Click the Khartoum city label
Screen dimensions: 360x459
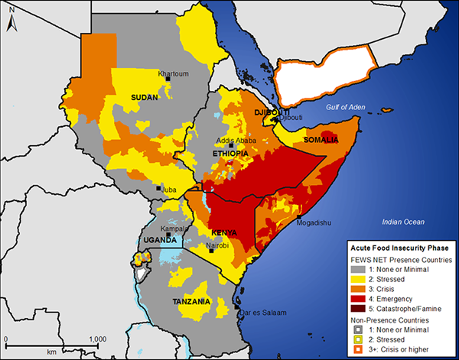coord(174,74)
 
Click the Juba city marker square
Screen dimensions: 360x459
coord(159,188)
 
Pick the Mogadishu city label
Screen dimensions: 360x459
coord(318,224)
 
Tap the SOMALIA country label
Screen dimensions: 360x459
coord(321,140)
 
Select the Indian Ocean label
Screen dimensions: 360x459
coord(403,222)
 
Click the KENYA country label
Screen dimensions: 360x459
coord(224,232)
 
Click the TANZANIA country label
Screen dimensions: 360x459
coord(191,302)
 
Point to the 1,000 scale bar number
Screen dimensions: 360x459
coord(96,339)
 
